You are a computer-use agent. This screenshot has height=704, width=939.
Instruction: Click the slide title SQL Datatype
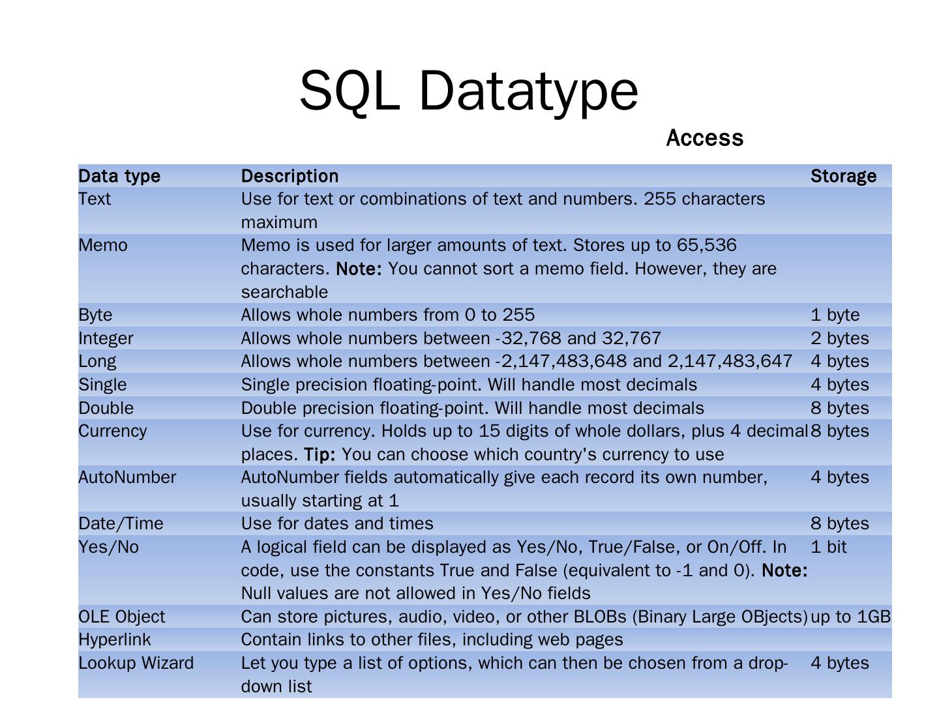coord(468,91)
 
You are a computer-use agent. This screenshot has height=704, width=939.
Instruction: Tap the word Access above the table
coord(704,138)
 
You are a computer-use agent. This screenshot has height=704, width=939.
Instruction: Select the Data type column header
coord(119,176)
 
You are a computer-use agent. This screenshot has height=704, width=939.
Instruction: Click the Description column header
coord(290,176)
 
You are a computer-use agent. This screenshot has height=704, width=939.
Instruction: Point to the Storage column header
coord(843,176)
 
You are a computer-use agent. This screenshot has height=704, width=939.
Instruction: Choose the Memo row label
coord(103,246)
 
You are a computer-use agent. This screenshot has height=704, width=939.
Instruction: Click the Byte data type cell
coord(95,315)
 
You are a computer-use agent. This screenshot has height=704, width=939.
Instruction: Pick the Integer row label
coord(106,338)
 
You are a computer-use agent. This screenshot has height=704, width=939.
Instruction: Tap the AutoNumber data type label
coord(127,477)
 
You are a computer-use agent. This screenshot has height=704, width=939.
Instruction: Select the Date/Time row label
coord(121,523)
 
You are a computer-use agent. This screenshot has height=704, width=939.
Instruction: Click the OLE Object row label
coord(122,617)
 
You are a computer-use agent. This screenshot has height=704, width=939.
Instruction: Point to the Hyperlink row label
coord(114,639)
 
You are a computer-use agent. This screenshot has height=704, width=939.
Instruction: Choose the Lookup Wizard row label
coord(136,663)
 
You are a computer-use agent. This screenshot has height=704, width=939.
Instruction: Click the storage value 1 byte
coord(835,315)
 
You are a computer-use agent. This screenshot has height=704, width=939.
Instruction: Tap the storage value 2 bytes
coord(839,338)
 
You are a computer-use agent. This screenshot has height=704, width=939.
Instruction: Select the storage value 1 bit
coord(828,547)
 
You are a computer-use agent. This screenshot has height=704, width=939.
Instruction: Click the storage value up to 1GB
coord(850,617)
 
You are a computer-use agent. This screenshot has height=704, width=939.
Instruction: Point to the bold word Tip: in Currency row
coord(320,454)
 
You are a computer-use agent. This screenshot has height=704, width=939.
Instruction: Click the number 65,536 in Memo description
coord(707,246)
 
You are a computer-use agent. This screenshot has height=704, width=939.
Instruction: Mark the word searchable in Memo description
coord(284,292)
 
